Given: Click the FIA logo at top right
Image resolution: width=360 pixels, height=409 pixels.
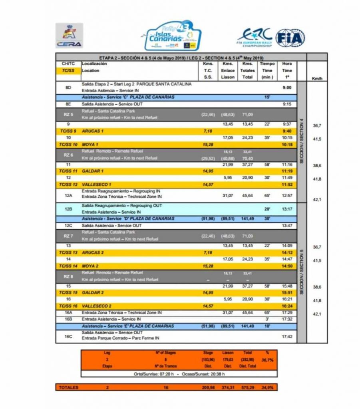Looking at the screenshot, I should [290, 38].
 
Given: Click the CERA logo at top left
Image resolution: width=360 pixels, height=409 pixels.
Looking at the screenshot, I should [69, 35].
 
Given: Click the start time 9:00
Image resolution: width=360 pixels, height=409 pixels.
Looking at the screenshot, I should [286, 87].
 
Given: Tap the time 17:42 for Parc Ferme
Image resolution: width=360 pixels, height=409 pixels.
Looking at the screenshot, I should [286, 337].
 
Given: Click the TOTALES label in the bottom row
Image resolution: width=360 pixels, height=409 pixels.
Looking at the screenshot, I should [68, 387].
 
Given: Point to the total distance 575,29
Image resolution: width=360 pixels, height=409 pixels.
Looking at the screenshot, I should [247, 387].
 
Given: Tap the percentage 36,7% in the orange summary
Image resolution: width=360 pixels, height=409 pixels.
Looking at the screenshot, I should [268, 360].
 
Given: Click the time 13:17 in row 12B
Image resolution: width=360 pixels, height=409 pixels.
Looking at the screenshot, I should [286, 208].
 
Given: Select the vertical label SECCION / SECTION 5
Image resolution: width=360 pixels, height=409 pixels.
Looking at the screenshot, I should [302, 272].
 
